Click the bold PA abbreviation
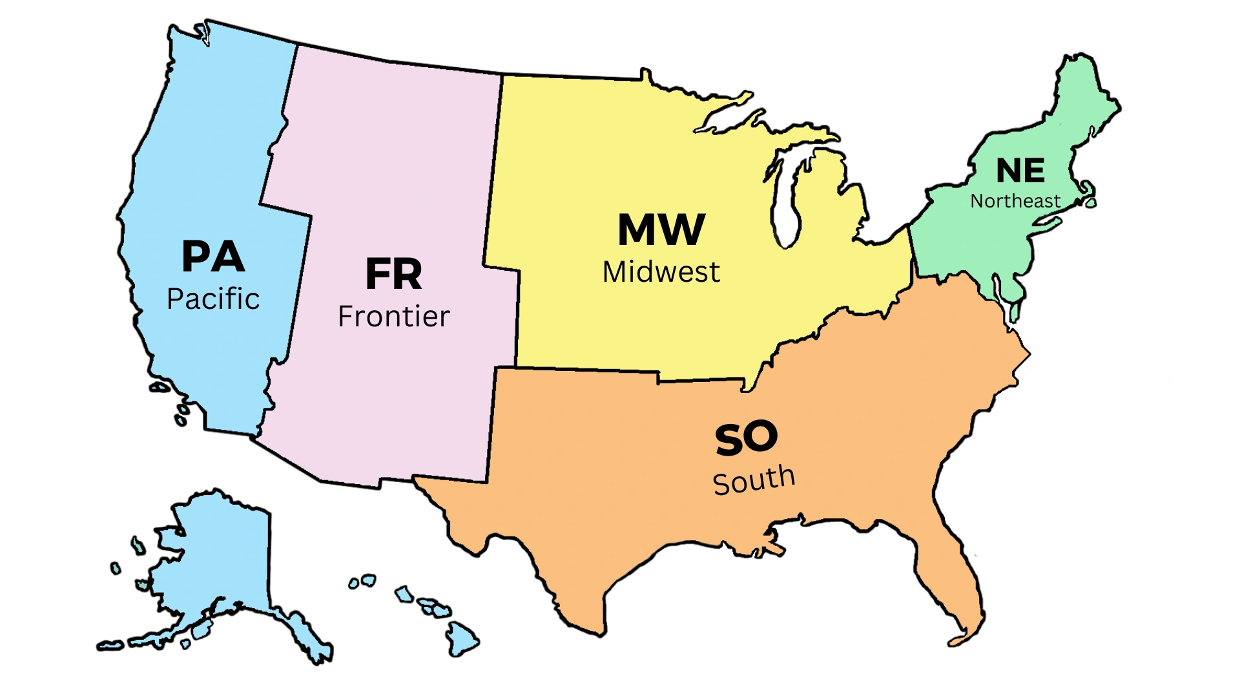pos(213,257)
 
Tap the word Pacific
pos(213,299)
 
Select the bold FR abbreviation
pos(393,274)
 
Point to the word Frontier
pos(393,316)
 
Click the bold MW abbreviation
pos(661,229)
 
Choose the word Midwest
pos(661,272)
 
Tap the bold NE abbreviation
pos(1020,171)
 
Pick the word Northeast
pos(1015,202)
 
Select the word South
pos(754,480)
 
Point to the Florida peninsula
pos(956,582)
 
